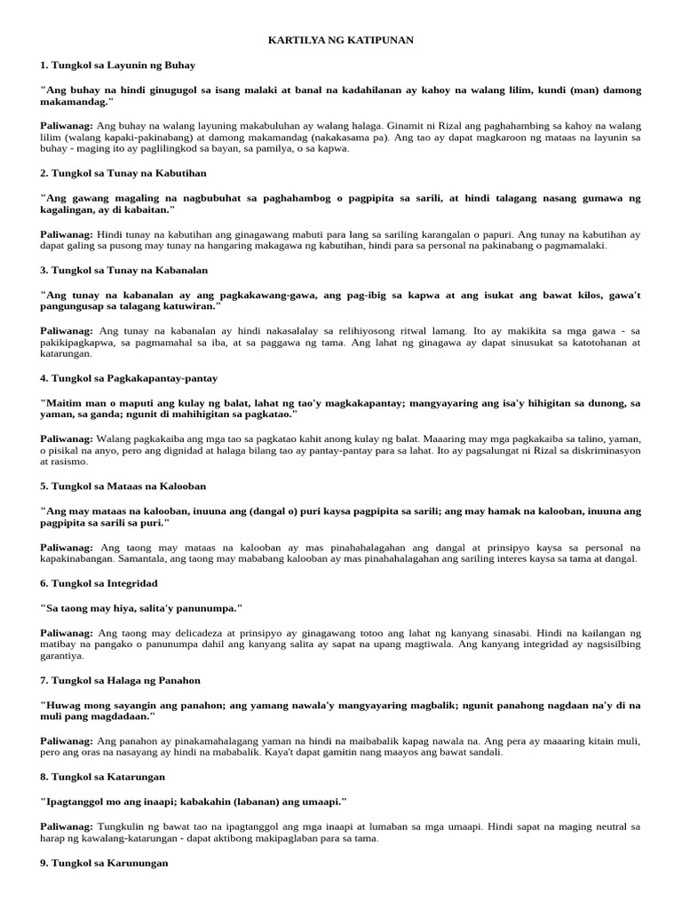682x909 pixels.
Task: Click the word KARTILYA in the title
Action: (x=293, y=40)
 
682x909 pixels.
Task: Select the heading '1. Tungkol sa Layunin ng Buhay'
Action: (x=118, y=65)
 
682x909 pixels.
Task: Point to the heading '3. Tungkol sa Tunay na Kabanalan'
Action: (x=124, y=269)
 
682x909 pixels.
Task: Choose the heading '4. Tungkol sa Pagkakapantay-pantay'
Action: (x=129, y=377)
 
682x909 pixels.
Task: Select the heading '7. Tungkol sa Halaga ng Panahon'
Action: (x=121, y=680)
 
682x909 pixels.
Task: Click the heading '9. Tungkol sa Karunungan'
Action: (x=104, y=862)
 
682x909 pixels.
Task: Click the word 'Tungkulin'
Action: (x=120, y=826)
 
